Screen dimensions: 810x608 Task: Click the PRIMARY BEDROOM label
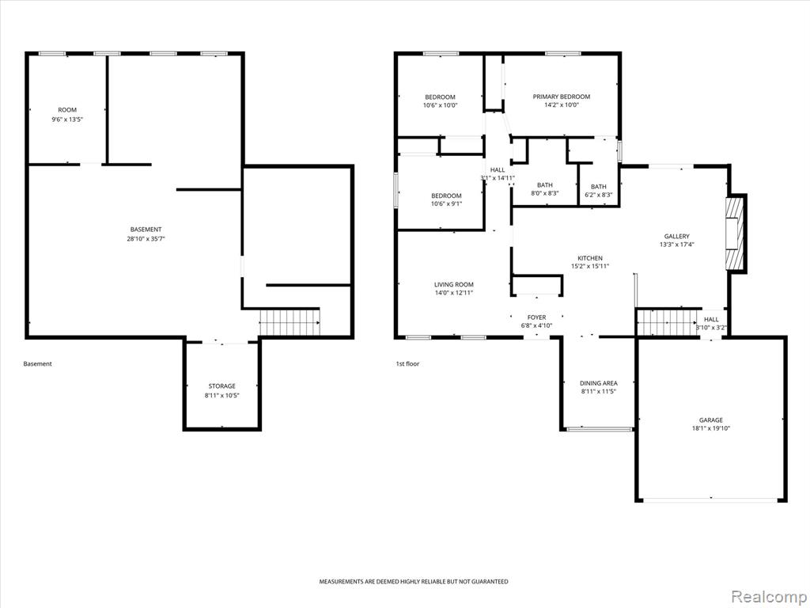(561, 97)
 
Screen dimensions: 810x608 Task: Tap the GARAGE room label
(711, 420)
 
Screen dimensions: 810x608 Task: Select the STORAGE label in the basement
(221, 386)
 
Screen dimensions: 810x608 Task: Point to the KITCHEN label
(590, 258)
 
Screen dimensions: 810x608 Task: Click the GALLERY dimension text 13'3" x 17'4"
(676, 245)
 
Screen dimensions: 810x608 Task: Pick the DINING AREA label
(598, 383)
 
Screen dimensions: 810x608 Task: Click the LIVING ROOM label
(453, 284)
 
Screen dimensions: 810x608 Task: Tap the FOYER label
(537, 317)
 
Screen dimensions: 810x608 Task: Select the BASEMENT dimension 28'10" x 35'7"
(146, 239)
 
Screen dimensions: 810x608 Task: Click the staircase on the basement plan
(290, 322)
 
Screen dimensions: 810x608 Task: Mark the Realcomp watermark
(766, 597)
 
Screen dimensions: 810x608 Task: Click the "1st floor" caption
(407, 364)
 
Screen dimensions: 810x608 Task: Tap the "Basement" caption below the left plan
(38, 364)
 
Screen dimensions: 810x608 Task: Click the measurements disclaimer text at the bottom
(413, 582)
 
